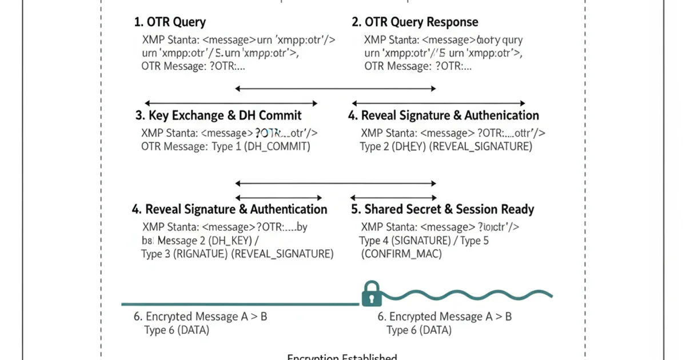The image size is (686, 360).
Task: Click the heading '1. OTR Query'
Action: [x=170, y=23]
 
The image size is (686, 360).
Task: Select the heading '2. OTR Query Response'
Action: [x=415, y=23]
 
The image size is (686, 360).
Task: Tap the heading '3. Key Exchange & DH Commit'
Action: [x=218, y=115]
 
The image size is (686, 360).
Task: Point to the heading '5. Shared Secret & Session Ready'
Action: [x=442, y=209]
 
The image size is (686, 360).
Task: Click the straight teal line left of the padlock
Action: [x=240, y=303]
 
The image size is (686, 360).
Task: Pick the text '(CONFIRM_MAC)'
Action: [x=401, y=254]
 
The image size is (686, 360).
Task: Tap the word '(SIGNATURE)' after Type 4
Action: [x=422, y=241]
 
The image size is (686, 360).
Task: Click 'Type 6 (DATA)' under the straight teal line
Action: [x=173, y=330]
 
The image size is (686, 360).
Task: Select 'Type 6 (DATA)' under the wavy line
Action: [x=419, y=330]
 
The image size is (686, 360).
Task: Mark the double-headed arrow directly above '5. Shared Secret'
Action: [x=393, y=197]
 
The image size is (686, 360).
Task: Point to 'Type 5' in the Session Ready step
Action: [x=474, y=241]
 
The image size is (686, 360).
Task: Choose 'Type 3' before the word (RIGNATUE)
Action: [x=155, y=254]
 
